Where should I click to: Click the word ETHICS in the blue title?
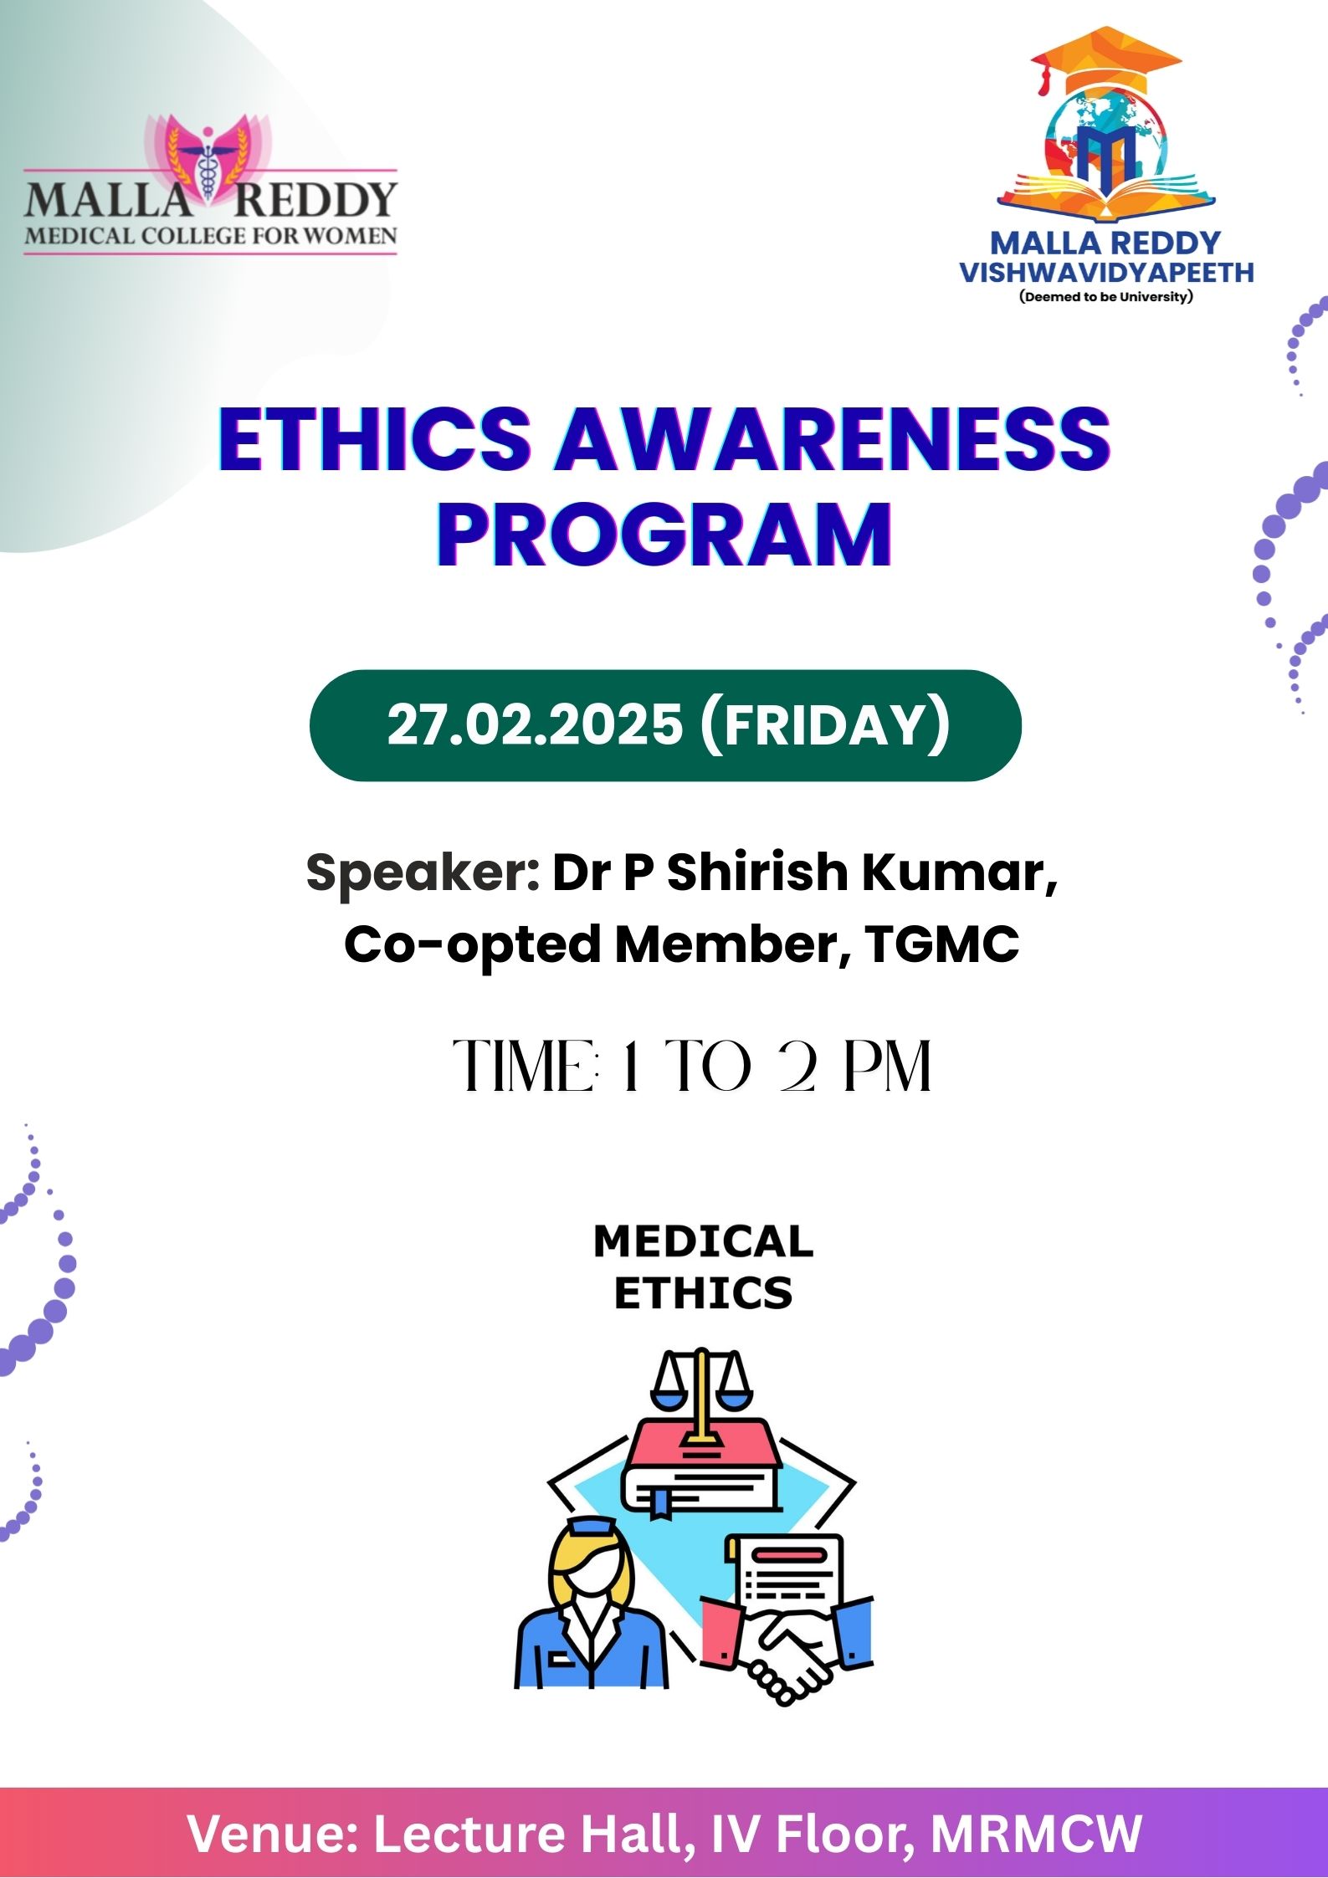click(x=376, y=439)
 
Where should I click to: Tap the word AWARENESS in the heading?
click(x=833, y=439)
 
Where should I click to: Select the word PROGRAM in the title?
click(x=664, y=535)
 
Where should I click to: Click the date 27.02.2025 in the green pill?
click(x=535, y=724)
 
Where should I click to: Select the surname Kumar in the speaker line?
click(x=960, y=873)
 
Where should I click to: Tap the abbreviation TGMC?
click(x=942, y=944)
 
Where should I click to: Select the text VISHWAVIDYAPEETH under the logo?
click(x=1106, y=273)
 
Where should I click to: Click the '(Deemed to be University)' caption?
click(x=1106, y=297)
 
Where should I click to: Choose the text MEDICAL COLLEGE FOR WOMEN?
click(x=211, y=236)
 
